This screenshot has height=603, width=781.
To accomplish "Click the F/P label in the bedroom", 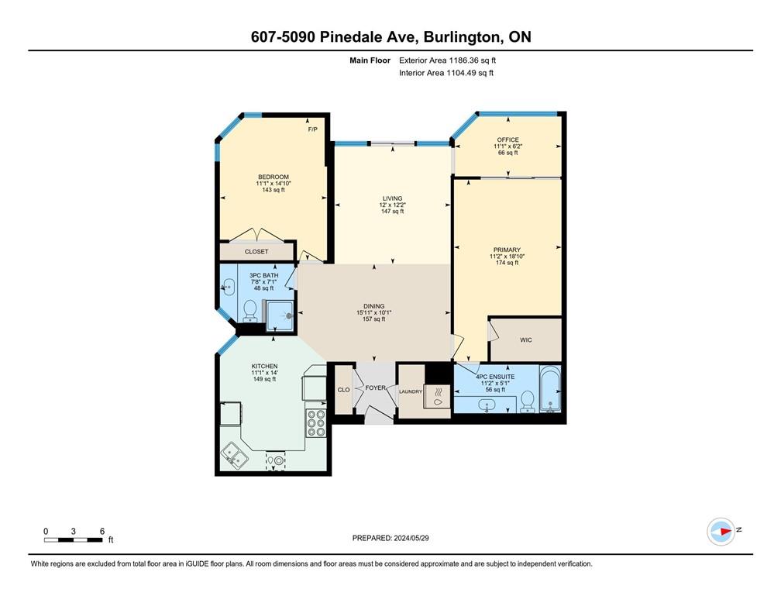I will [312, 129].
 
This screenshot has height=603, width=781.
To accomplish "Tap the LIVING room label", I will [392, 198].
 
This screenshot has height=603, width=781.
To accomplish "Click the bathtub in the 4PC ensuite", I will [549, 391].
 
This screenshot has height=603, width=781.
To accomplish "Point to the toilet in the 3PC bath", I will [250, 311].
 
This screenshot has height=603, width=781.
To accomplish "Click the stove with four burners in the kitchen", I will [315, 423].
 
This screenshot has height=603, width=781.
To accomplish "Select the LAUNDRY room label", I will [410, 392].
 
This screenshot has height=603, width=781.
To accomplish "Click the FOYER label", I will [376, 388].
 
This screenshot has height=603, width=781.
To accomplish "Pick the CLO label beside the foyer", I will [343, 391].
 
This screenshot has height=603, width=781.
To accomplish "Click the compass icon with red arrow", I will [721, 531].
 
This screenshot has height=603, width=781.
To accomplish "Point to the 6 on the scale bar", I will [101, 531].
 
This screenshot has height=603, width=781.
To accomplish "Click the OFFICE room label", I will [507, 140].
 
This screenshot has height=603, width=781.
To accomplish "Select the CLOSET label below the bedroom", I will [256, 252].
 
